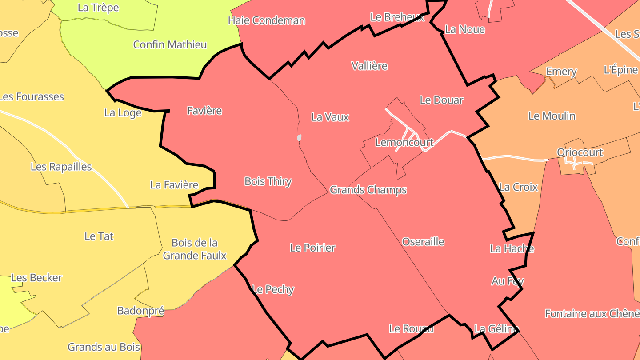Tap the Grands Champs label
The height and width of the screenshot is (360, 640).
tap(368, 190)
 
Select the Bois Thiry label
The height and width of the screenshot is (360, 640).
tap(268, 182)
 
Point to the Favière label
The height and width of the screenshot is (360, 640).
tap(204, 111)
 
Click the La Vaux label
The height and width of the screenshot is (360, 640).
tap(330, 117)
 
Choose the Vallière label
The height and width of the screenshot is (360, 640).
tap(369, 66)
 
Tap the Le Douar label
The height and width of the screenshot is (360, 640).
tap(441, 100)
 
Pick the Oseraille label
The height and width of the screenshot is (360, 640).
tap(423, 242)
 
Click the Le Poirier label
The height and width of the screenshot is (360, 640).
tap(312, 248)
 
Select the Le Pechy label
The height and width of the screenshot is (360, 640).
tap(273, 290)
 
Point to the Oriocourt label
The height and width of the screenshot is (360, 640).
tap(580, 152)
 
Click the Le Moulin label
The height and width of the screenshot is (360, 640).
tap(552, 116)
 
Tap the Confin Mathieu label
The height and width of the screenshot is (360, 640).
tap(170, 45)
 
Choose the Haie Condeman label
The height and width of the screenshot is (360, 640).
tap(267, 20)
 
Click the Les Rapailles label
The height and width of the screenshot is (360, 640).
tap(61, 167)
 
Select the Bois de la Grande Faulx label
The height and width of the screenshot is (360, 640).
tap(195, 249)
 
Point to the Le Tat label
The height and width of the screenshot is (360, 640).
tap(99, 236)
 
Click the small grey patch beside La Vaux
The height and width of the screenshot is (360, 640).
tap(300, 138)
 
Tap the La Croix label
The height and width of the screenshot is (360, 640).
tap(519, 187)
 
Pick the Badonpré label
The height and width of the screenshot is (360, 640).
tap(140, 311)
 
